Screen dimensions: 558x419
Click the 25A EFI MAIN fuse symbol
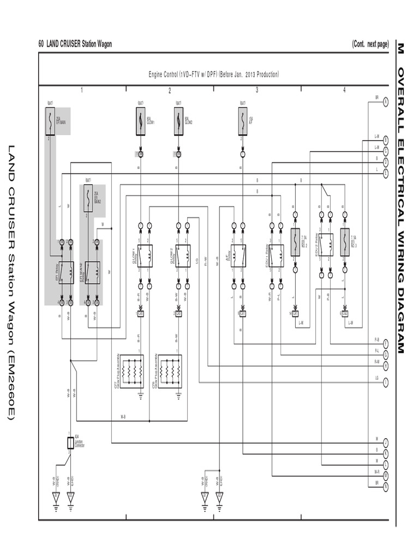pos(50,121)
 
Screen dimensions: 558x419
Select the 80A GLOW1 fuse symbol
pos(140,121)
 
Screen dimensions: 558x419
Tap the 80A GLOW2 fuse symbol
pos(178,121)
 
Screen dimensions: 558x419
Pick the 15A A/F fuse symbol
pos(242,121)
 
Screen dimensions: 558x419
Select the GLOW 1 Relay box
pos(145,256)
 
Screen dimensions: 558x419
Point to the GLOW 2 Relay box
pos(183,256)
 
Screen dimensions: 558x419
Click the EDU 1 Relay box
pos(276,256)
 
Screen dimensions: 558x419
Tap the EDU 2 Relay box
pos(326,244)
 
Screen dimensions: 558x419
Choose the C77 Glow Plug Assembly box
pos(131,372)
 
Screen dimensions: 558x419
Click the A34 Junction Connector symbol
pos(70,442)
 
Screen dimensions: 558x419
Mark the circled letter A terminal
pos(386,101)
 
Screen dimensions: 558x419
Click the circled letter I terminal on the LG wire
pos(386,381)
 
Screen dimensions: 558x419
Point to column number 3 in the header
pos(256,90)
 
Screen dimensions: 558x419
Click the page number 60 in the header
pos(41,44)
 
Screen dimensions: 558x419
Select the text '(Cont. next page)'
pos(370,44)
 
